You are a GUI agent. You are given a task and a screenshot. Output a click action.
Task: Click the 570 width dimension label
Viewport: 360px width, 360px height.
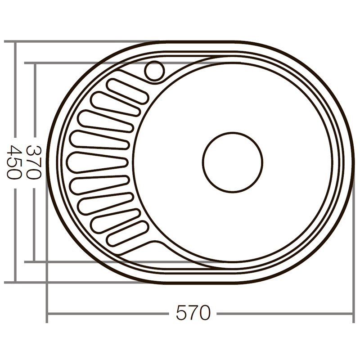[193, 312]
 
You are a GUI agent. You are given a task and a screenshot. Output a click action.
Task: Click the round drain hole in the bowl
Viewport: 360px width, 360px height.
[232, 162]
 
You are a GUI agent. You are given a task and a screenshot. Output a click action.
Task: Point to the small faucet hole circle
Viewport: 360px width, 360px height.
[155, 71]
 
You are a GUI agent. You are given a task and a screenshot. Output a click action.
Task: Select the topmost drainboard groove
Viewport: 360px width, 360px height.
[128, 91]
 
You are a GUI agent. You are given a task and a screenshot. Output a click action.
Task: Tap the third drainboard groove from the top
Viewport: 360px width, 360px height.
[106, 121]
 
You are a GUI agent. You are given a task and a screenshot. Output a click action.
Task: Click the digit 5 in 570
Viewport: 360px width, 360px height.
[181, 312]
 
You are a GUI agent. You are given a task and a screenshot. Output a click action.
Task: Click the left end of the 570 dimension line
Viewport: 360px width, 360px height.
[48, 313]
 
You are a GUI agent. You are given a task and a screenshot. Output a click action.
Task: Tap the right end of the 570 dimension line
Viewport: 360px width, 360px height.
[354, 313]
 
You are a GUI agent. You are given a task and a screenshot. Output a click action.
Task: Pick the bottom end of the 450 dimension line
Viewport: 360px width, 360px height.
[15, 283]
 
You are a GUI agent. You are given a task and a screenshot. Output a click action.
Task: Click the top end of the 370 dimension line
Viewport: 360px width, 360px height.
[35, 63]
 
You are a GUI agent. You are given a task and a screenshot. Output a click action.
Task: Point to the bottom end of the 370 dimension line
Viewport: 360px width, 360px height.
[35, 261]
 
